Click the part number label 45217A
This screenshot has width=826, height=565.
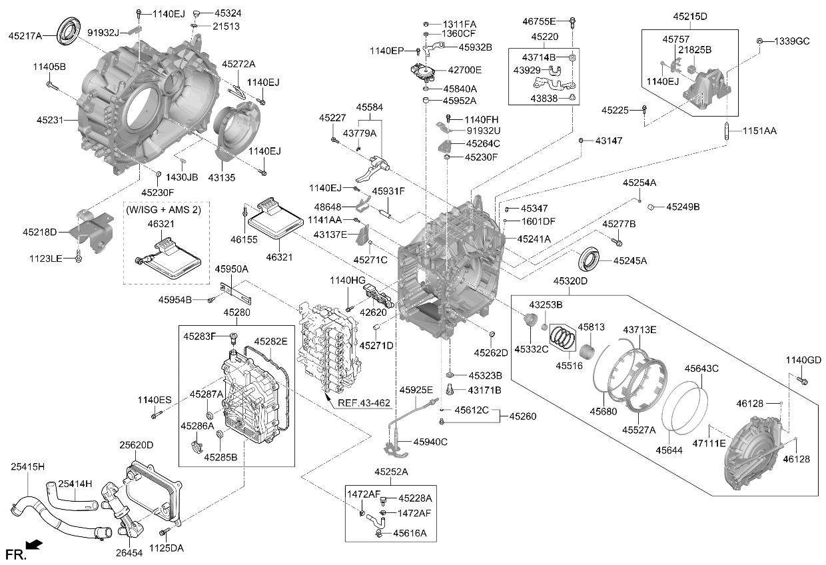click(25, 36)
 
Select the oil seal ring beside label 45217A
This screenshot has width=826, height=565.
click(68, 31)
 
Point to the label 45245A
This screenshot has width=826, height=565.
click(630, 261)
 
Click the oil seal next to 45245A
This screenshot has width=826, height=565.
click(589, 259)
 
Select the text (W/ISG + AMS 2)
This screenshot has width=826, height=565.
click(163, 210)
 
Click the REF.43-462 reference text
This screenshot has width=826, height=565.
click(364, 403)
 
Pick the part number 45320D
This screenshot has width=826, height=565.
click(570, 281)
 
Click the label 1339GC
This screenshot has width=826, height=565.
click(792, 41)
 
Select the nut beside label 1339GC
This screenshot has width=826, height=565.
click(759, 41)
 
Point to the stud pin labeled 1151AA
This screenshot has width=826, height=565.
click(727, 131)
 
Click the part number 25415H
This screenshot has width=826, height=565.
click(28, 466)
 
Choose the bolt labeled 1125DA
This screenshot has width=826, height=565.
click(165, 532)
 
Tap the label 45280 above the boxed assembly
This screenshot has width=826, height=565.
click(236, 312)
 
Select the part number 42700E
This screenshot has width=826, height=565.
click(465, 70)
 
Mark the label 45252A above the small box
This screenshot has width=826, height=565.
click(391, 472)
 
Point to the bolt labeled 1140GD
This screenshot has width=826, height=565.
click(801, 380)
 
